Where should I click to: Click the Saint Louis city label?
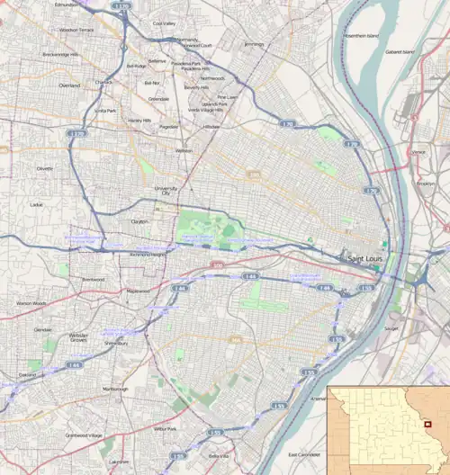[367, 259]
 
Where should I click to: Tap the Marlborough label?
[115, 389]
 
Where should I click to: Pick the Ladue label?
[36, 204]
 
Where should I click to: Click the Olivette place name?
[45, 168]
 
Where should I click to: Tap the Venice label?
[418, 152]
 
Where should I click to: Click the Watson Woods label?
[31, 303]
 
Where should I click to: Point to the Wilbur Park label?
[165, 429]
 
